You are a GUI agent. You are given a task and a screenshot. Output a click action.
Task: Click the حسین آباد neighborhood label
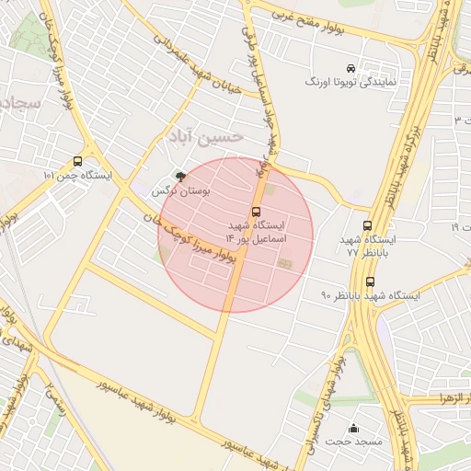click(204, 136)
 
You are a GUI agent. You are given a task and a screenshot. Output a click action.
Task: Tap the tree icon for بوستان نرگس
click(179, 177)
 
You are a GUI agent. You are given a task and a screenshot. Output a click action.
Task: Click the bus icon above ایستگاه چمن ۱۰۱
click(76, 161)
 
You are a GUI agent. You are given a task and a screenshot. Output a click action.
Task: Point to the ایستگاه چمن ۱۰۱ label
click(77, 175)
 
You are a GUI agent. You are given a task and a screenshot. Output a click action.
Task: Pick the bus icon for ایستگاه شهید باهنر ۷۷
click(368, 225)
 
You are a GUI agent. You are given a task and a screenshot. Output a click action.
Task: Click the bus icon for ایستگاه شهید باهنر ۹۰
click(370, 281)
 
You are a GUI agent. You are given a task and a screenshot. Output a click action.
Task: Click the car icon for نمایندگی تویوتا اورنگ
click(350, 68)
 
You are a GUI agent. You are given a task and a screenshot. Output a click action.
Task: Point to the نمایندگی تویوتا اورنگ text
click(350, 82)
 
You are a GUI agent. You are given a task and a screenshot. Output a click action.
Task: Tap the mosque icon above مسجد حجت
click(354, 428)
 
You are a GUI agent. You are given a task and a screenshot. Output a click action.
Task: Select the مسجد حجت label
click(353, 442)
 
